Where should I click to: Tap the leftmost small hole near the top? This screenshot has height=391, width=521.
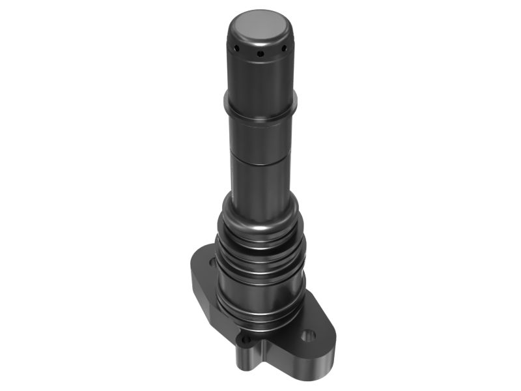[x=238, y=50]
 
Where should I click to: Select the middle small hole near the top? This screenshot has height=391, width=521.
[x=260, y=53]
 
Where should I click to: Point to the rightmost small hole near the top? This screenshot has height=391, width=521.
[x=283, y=48]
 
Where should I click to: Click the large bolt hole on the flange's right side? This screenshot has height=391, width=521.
[x=309, y=336]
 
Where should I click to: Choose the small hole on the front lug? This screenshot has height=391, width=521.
[x=246, y=340]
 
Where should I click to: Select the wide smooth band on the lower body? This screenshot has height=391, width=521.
[x=260, y=287]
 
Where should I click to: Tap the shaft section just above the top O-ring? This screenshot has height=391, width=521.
[x=260, y=186]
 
